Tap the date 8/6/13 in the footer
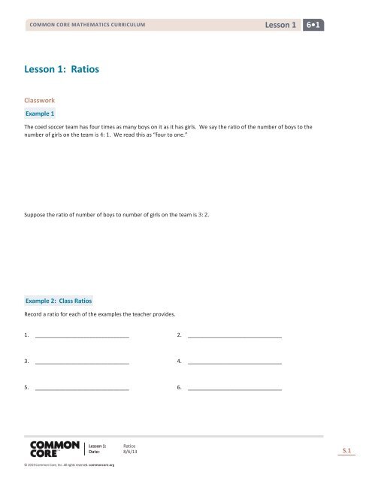tap(130, 452)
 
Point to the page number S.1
tap(346, 450)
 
